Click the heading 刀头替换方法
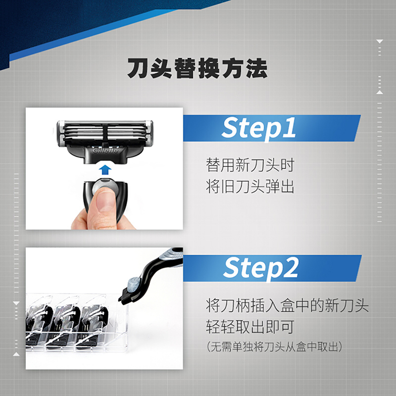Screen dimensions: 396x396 [x=197, y=68]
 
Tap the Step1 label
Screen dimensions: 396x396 [x=258, y=128]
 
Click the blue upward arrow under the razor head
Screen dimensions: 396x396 [x=105, y=170]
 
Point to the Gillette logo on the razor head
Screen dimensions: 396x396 [x=105, y=151]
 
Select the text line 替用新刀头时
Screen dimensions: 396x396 [x=250, y=165]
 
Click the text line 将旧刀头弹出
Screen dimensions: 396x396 [x=250, y=187]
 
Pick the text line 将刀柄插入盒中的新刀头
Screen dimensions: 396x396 [x=287, y=305]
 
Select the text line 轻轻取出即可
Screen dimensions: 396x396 [x=250, y=327]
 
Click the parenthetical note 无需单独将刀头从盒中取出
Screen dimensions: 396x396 [x=275, y=347]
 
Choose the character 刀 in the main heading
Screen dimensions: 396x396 [x=138, y=68]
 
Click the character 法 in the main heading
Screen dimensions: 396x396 [x=257, y=68]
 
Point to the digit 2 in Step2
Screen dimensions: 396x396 [x=291, y=268]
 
